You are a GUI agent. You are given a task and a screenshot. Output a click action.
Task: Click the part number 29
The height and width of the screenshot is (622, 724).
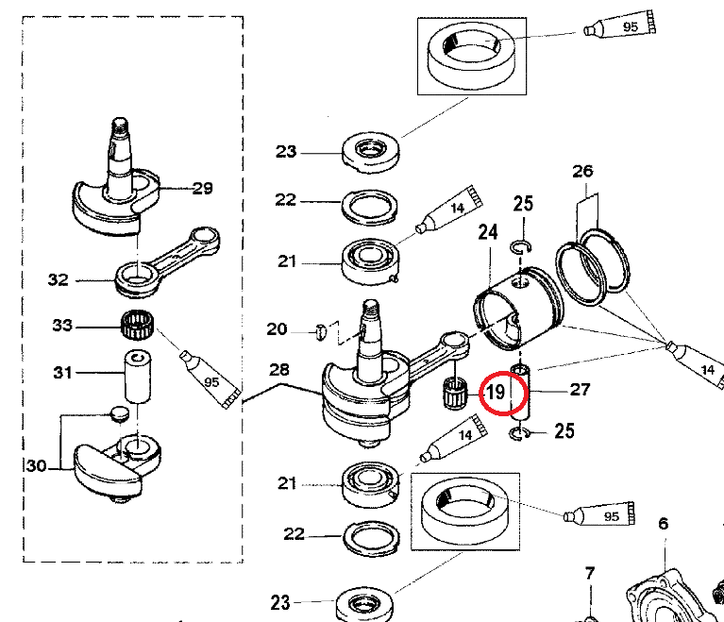pos(202,189)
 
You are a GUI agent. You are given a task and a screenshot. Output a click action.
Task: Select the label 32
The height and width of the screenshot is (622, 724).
pos(59,279)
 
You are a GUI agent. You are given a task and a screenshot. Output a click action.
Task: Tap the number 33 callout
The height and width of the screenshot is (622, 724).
pos(62,327)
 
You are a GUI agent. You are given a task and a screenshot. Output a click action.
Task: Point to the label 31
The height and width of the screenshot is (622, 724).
pos(62,374)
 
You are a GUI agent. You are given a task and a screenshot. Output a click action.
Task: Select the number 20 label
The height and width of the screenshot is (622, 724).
pos(277,328)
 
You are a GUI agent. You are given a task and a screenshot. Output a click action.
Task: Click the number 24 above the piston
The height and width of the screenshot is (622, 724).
pos(487,231)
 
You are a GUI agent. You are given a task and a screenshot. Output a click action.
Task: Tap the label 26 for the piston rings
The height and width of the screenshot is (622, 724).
pos(582,171)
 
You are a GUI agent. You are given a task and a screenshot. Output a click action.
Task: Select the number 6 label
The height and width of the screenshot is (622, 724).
pos(663,524)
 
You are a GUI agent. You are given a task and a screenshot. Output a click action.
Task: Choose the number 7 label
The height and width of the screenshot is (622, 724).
pos(589,573)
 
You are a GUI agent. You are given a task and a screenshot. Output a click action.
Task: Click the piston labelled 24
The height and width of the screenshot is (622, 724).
pos(517,301)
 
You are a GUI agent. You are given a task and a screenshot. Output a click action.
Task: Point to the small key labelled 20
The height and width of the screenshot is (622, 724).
pos(320,330)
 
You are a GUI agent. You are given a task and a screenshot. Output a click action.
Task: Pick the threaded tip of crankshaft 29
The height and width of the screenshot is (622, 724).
pos(120,124)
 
